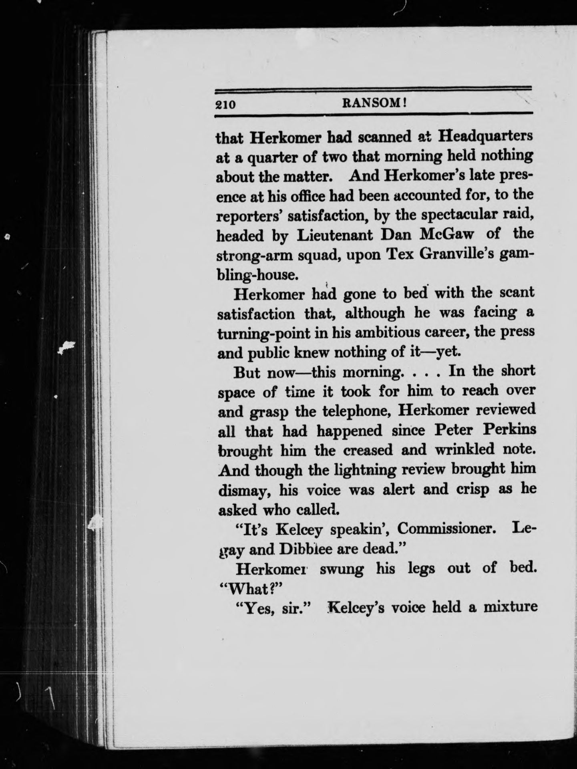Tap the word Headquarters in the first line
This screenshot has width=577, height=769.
[486, 137]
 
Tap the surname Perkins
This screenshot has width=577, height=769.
[509, 429]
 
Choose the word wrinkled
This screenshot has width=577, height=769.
[465, 449]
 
